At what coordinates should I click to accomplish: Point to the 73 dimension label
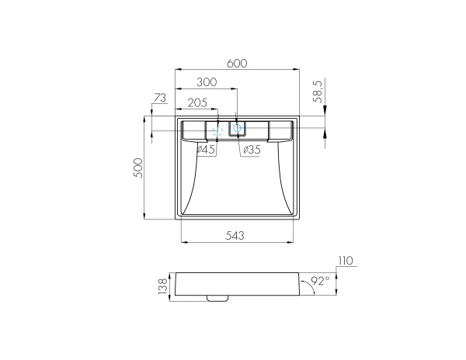tap(160, 98)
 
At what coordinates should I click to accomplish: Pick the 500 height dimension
tap(138, 168)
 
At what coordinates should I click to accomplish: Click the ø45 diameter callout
tap(206, 149)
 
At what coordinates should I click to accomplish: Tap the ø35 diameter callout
tap(250, 149)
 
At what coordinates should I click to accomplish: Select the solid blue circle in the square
tap(238, 128)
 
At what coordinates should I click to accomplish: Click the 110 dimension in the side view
tap(346, 261)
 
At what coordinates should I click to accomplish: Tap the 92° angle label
tap(320, 280)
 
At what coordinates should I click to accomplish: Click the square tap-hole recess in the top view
tap(238, 128)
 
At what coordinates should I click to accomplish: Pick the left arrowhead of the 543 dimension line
tap(184, 242)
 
